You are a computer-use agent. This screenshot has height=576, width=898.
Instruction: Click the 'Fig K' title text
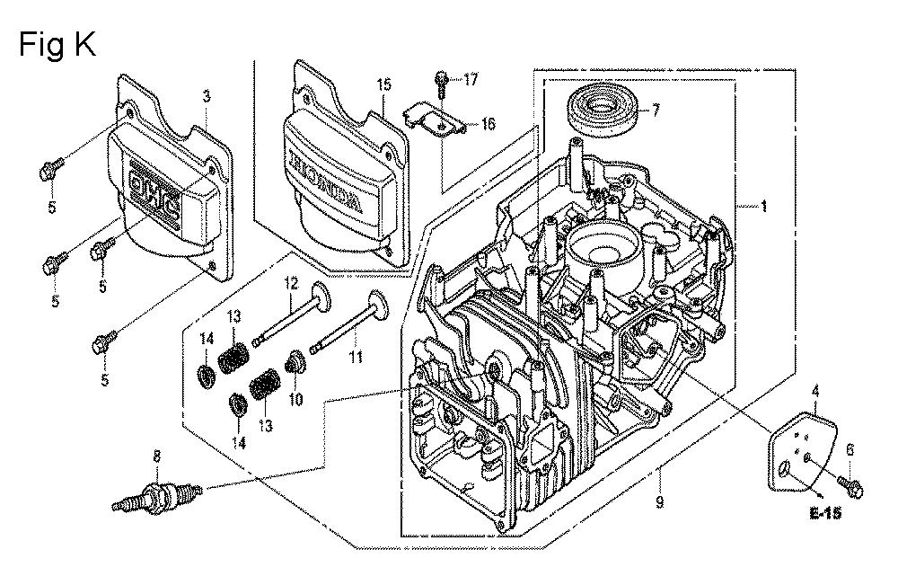[x=57, y=44]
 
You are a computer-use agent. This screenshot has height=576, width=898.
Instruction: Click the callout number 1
[x=763, y=207]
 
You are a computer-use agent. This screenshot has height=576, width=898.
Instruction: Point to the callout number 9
[x=659, y=503]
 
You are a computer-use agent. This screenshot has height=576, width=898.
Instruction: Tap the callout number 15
[x=383, y=85]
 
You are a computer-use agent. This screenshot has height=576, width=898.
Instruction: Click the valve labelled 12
[x=292, y=314]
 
